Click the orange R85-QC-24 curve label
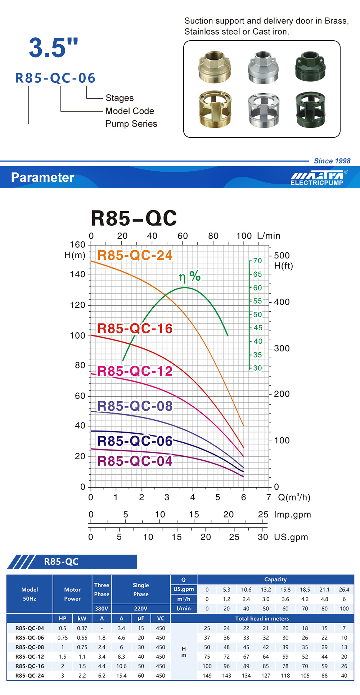(135, 255)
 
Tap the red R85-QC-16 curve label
(135, 329)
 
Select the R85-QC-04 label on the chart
(135, 461)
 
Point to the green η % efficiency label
(190, 276)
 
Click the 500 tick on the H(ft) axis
(282, 256)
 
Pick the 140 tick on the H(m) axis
(77, 274)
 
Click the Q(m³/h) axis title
(294, 497)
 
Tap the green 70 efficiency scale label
(257, 261)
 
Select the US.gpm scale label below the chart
(291, 537)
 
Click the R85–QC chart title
(134, 218)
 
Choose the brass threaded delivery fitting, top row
(215, 67)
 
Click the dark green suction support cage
(310, 109)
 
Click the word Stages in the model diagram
(120, 98)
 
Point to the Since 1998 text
(332, 161)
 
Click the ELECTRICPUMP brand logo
(317, 179)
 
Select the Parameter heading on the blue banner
(42, 177)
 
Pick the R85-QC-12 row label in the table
(30, 656)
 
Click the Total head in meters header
(262, 618)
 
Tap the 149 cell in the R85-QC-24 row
(207, 676)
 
